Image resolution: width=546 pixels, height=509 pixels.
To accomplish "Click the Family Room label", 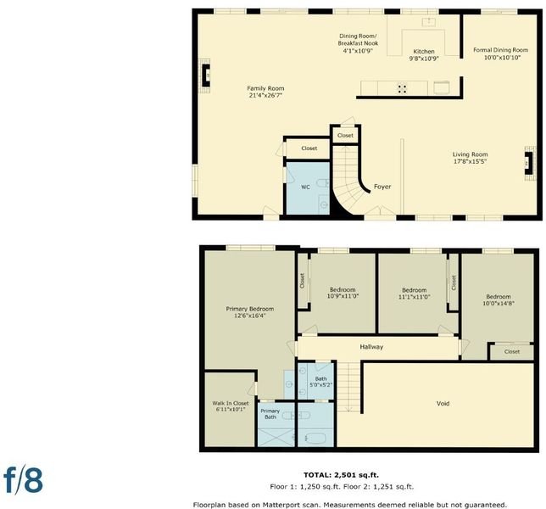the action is pos(265,88).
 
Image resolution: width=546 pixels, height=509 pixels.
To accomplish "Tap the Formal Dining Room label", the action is pos(501,50).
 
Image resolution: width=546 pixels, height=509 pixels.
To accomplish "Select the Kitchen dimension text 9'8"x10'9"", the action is pos(424,59).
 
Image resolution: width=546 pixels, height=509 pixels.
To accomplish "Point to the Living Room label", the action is pos(470,154).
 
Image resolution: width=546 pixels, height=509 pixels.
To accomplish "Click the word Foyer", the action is pos(382,187).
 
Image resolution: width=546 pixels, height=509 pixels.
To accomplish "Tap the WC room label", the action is pos(305,187).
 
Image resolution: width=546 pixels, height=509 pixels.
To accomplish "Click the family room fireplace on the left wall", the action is pos(205,76).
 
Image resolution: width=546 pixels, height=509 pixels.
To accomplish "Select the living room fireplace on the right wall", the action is pos(529,163).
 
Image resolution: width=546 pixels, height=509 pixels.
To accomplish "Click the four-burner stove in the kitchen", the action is pos(402,88).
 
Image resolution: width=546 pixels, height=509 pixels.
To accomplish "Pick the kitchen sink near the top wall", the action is pos(429,22).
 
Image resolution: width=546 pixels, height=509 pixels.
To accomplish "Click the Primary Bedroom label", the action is pos(249,309).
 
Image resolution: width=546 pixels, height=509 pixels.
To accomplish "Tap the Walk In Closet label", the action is pos(231,403).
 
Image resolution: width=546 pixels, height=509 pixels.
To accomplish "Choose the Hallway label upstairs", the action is pos(371,347).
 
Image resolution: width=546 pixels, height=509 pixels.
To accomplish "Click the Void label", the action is pos(443,404).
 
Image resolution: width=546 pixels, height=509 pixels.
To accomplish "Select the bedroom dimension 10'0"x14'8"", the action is pos(499,304).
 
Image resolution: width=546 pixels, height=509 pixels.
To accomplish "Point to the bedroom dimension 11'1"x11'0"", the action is pos(415,297).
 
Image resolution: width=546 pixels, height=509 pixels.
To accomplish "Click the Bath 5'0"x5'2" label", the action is pos(321,382).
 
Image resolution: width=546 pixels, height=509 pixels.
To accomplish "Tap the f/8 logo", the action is pos(24,481).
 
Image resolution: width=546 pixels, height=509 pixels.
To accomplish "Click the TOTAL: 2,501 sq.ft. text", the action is pos(341,475).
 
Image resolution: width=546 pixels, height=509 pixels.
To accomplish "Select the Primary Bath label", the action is pos(270,414).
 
